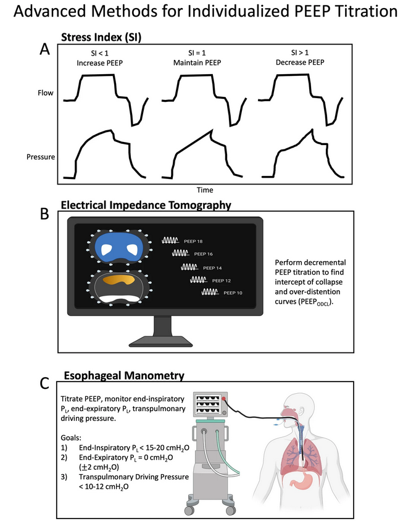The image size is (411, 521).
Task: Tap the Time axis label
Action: [x=205, y=190]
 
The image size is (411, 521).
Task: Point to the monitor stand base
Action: [x=162, y=341]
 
